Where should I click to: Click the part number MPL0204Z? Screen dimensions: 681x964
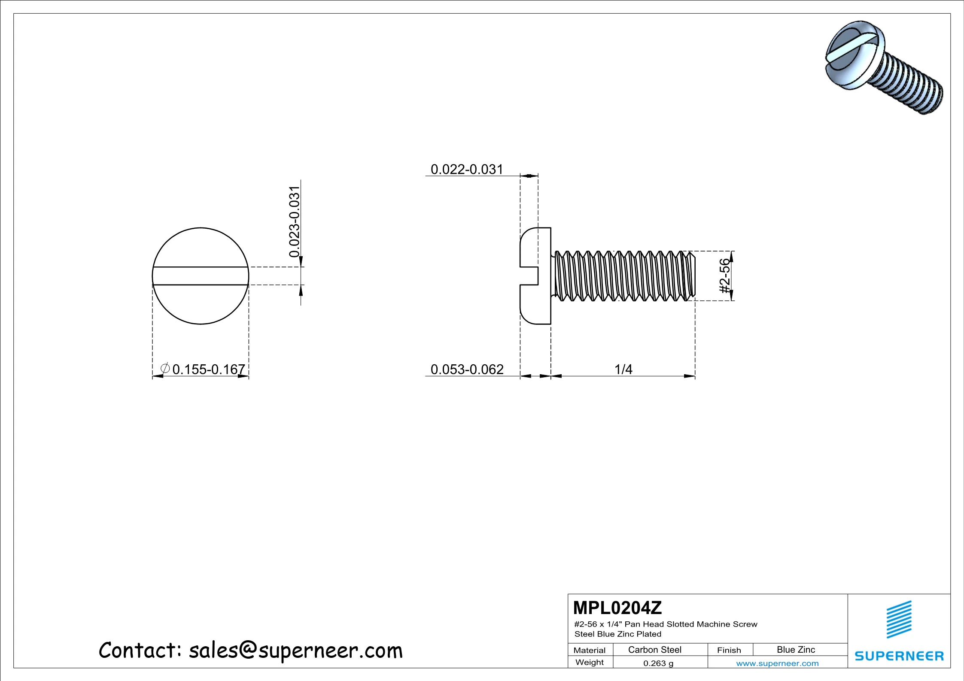pos(617,608)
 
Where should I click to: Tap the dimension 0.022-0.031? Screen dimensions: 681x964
pos(466,169)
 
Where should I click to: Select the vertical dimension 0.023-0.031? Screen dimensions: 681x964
pos(294,221)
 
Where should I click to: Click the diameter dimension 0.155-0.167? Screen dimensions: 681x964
pos(208,369)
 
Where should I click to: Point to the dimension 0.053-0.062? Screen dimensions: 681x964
pos(467,369)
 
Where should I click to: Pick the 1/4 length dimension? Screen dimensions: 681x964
pos(623,369)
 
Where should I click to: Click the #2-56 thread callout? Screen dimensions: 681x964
pos(724,275)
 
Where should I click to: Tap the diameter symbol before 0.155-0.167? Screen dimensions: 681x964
pos(164,368)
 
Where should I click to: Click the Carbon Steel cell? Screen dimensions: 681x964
pos(654,650)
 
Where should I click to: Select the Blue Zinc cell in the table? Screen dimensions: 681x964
pos(795,650)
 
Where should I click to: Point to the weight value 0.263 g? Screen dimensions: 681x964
pos(658,663)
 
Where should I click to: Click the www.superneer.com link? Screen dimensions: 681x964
pos(777,663)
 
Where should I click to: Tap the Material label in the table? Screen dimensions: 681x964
pos(589,650)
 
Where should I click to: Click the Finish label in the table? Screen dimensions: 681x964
pos(729,650)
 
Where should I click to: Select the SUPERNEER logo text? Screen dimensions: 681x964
pos(899,656)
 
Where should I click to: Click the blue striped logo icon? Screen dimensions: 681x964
pos(899,619)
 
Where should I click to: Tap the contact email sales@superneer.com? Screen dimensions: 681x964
pos(295,651)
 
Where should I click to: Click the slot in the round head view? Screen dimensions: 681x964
pos(201,276)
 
